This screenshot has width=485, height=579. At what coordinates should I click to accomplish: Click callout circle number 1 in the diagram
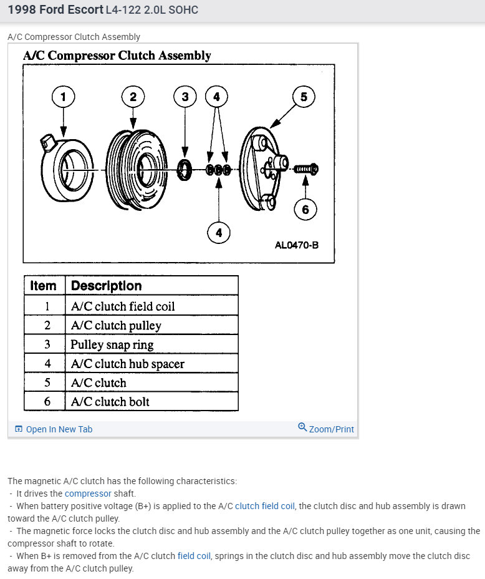coord(62,97)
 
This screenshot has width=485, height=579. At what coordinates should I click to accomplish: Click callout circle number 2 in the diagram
coord(133,97)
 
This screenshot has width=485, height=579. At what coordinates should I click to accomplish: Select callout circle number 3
coord(185,97)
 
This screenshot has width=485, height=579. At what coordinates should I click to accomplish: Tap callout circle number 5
coord(304,97)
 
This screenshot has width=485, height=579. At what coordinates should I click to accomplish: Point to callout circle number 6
coord(305,209)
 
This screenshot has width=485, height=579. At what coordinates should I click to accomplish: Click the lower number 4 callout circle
coord(219,233)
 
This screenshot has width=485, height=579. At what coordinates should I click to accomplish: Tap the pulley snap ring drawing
coord(185,170)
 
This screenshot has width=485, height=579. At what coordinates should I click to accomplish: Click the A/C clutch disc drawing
coord(262,168)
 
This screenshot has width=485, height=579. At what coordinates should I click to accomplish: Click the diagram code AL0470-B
coord(297,245)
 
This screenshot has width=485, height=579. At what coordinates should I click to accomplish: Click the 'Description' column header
coord(107,286)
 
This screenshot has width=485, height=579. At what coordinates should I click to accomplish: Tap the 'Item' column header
coord(44,286)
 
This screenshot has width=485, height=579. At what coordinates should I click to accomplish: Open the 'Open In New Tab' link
coord(59,429)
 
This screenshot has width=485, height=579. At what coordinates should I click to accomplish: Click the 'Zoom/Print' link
coord(331,429)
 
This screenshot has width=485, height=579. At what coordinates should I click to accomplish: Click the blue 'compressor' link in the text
coord(88,494)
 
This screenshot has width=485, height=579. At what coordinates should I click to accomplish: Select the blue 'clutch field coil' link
coord(264,506)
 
